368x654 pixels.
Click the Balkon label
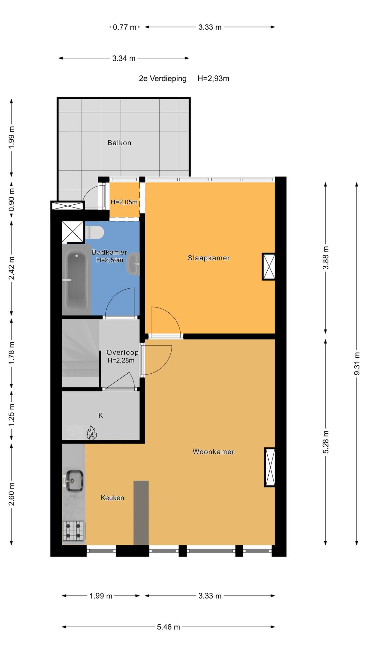point(119,143)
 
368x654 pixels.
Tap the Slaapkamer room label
point(209,258)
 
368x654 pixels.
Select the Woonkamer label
point(213,452)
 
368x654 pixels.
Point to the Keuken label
point(112,498)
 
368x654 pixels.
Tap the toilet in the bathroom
point(95,232)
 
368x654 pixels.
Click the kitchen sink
point(74,481)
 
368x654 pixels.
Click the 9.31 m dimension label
point(357,364)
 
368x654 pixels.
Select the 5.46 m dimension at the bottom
point(168,627)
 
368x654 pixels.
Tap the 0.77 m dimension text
point(125,27)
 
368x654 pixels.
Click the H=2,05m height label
point(124,202)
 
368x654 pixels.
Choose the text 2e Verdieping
point(163,79)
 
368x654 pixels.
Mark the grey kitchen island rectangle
point(141,513)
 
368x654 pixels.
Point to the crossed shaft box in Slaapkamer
point(269,267)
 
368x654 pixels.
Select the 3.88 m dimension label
point(326,258)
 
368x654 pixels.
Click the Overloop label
point(123,353)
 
